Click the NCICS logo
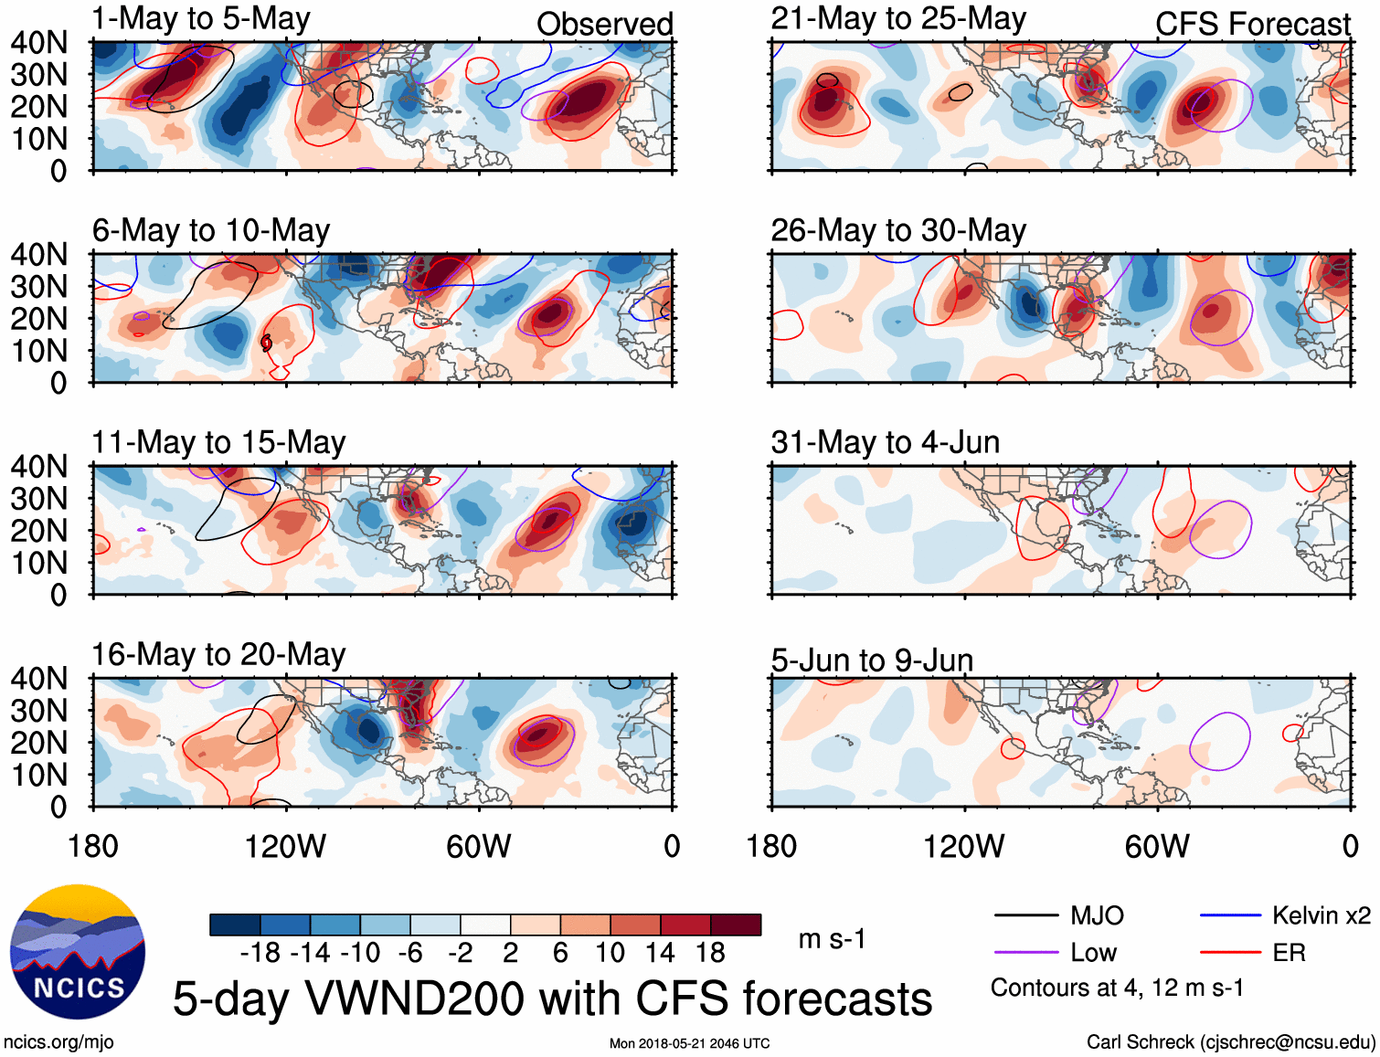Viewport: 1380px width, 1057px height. point(78,952)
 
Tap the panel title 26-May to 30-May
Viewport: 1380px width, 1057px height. point(898,231)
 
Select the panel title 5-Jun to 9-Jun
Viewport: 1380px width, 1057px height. point(872,660)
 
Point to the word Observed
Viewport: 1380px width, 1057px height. point(605,24)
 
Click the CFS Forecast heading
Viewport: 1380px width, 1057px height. point(1253,24)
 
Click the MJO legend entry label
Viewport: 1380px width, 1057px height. point(1097,915)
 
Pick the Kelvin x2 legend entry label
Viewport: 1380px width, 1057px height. point(1322,915)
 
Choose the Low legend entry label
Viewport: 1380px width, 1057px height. point(1093,953)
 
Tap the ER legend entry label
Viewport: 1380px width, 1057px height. point(1289,953)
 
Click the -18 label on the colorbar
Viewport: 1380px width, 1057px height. point(260,953)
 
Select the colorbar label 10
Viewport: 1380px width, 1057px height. point(610,953)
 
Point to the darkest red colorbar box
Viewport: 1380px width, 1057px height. point(736,925)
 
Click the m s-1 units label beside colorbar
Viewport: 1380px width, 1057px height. point(832,939)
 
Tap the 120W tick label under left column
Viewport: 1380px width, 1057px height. point(285,846)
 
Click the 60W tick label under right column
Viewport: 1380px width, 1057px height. point(1157,846)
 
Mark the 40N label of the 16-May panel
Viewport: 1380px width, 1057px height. point(39,679)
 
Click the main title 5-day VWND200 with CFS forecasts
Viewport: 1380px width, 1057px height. point(552,999)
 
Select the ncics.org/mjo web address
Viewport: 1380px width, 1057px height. point(58,1041)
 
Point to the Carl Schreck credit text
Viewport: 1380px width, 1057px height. point(1230,1041)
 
